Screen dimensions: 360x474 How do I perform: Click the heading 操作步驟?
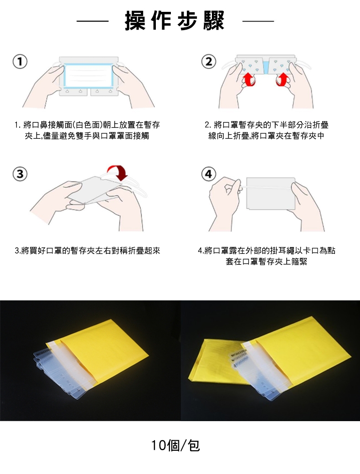tap(175, 21)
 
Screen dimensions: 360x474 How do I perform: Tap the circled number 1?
tap(20, 62)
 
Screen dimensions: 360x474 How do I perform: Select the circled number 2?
tap(209, 62)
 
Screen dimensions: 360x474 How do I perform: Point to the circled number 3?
tap(20, 174)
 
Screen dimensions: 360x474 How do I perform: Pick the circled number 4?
tap(209, 174)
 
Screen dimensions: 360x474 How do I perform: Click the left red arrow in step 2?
tap(249, 80)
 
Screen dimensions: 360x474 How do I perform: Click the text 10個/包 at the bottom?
tap(175, 445)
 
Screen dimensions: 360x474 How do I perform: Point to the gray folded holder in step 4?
tap(271, 193)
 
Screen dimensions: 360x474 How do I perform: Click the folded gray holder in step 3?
tap(94, 191)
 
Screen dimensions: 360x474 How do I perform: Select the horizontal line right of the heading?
tap(258, 21)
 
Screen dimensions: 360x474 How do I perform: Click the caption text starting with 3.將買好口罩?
tap(87, 251)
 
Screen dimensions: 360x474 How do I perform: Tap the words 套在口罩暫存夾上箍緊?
tap(266, 262)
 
